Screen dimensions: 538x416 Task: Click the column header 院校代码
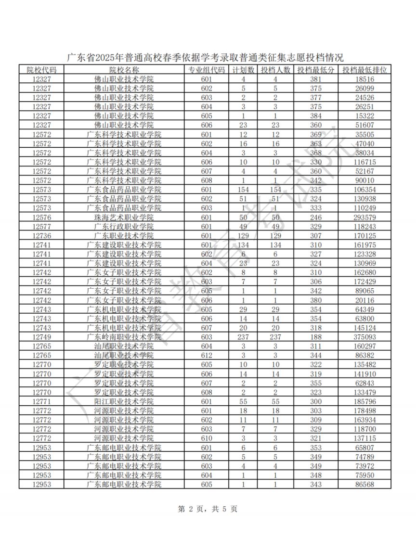[x=41, y=70]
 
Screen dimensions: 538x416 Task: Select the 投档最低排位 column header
[x=364, y=70]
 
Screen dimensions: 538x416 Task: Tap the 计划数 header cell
[x=243, y=70]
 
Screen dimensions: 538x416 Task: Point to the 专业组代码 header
[x=206, y=70]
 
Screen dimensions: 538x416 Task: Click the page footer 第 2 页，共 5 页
[x=208, y=509]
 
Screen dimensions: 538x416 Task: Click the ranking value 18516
[x=364, y=79]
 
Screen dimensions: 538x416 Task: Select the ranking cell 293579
[x=364, y=217]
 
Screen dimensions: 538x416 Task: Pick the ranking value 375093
[x=364, y=337]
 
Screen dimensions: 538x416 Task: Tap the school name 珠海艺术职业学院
[x=124, y=217]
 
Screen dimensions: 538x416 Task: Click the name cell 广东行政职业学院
[x=124, y=226]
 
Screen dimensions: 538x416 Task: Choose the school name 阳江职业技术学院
[x=124, y=401]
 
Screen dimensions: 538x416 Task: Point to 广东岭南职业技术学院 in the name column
[x=124, y=337]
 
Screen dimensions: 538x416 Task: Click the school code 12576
[x=41, y=217]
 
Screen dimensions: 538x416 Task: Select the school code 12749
[x=41, y=337]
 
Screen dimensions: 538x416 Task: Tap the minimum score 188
[x=316, y=337]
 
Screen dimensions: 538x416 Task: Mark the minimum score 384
[x=316, y=116]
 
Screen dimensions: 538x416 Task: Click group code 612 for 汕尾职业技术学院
[x=206, y=355]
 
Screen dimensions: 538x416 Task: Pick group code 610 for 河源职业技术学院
[x=206, y=438]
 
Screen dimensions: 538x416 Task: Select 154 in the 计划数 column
[x=243, y=189]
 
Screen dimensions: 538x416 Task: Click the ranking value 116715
[x=364, y=162]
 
